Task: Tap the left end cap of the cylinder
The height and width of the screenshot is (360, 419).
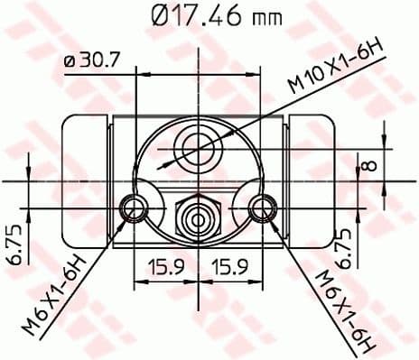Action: (x=84, y=180)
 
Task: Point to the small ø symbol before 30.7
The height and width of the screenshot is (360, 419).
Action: (x=70, y=61)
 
